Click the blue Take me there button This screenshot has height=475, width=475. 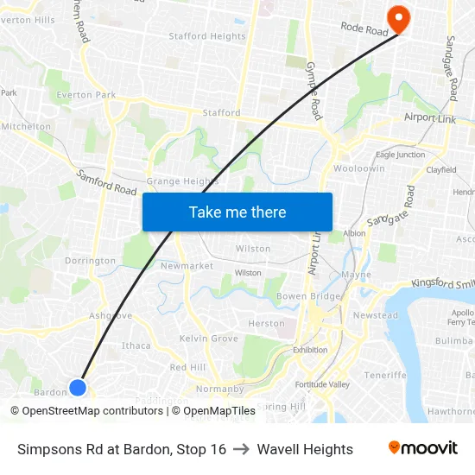pos(237,212)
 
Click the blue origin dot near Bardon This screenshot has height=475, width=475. pos(78,388)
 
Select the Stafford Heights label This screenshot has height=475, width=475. pos(206,36)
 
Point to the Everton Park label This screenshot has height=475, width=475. pos(85,95)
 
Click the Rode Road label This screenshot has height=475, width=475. pos(364,29)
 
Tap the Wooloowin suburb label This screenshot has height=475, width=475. pos(359,168)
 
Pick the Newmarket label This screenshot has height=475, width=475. pos(187,266)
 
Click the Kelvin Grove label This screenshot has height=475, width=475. pos(208,339)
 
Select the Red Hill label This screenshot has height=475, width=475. pos(187,367)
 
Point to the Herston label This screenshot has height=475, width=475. pos(266,324)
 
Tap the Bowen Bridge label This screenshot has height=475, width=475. pos(308,296)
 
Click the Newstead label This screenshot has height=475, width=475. pos(376,315)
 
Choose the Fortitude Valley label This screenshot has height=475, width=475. pos(321,383)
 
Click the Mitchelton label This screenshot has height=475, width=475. pos(26,126)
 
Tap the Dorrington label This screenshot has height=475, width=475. pos(90,261)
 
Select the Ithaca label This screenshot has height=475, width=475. pos(136,345)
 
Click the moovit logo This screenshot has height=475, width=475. pos(422,448)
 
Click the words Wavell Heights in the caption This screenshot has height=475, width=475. pos(305,449)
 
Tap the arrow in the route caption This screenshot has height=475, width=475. pos(241,449)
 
